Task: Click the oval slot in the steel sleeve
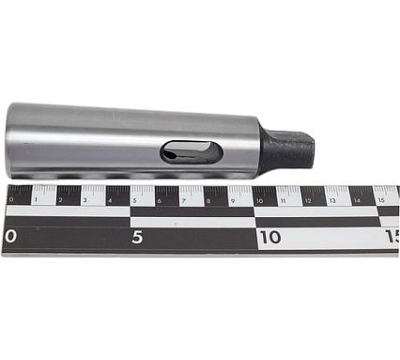pyautogui.click(x=192, y=152)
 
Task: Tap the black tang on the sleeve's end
pyautogui.click(x=287, y=149)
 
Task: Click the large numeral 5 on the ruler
pyautogui.click(x=137, y=238)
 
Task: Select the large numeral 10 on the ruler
pyautogui.click(x=270, y=237)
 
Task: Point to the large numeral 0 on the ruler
pyautogui.click(x=10, y=237)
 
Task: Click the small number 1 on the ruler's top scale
pyautogui.click(x=37, y=200)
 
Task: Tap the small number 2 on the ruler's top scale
pyautogui.click(x=60, y=200)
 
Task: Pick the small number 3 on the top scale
pyautogui.click(x=85, y=200)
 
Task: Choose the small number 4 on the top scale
pyautogui.click(x=110, y=200)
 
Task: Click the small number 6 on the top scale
pyautogui.click(x=160, y=200)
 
